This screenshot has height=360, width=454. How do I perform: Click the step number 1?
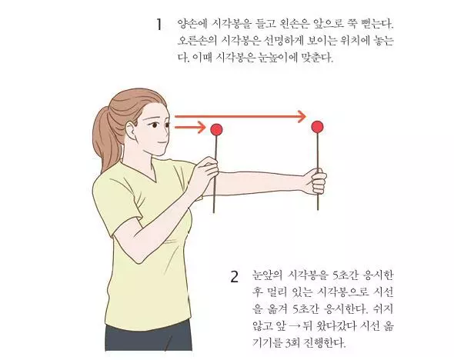(159, 24)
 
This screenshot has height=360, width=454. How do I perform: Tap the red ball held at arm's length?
(317, 126)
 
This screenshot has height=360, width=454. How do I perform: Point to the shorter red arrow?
(189, 126)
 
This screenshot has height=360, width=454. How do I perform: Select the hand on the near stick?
(207, 174)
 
